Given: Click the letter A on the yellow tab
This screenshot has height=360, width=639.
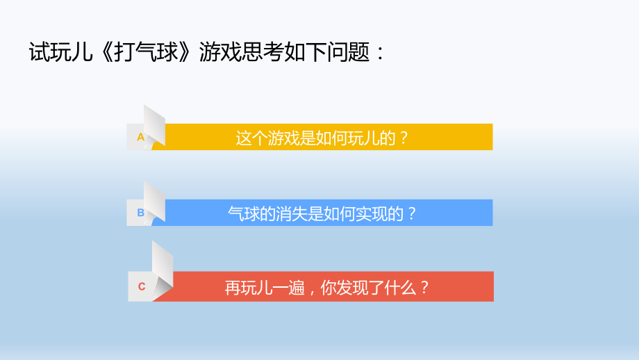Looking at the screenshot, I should [140, 137].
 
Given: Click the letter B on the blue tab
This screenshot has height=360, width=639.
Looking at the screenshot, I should [140, 213].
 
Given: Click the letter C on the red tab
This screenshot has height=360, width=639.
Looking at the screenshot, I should [142, 286].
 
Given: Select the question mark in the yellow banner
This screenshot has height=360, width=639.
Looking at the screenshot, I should [404, 138].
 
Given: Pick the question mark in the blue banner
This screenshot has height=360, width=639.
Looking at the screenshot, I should [411, 213].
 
